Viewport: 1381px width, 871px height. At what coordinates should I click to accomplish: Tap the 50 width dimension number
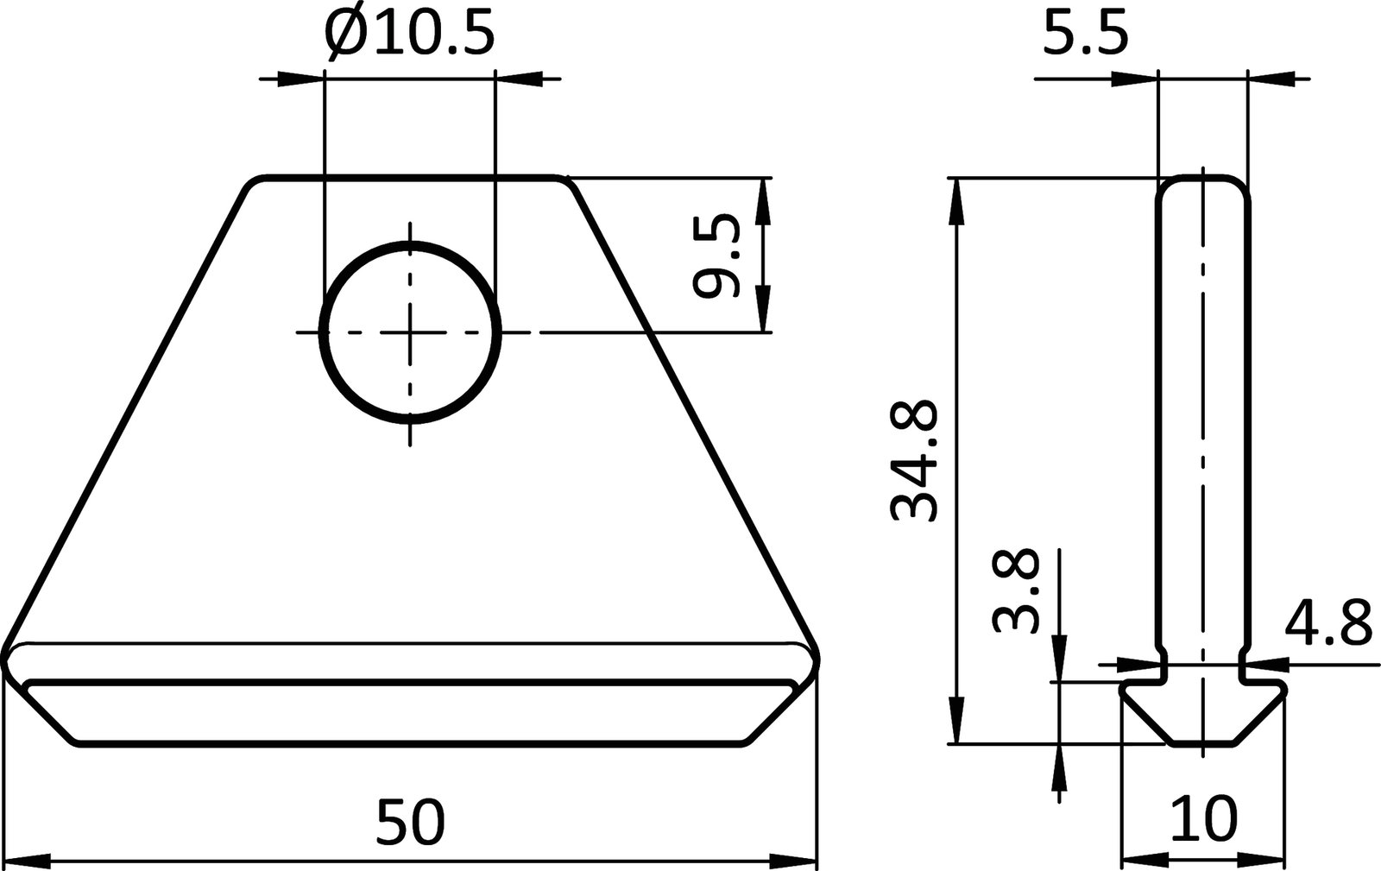(411, 821)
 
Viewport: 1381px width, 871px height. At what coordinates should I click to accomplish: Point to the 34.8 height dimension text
(914, 460)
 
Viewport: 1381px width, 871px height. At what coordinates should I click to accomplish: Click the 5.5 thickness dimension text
(1085, 36)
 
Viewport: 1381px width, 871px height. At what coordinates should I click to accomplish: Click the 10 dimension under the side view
(1204, 819)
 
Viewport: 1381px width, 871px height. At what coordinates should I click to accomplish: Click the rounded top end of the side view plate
(1202, 181)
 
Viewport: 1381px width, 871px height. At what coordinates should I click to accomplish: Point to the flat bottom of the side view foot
(1202, 743)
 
